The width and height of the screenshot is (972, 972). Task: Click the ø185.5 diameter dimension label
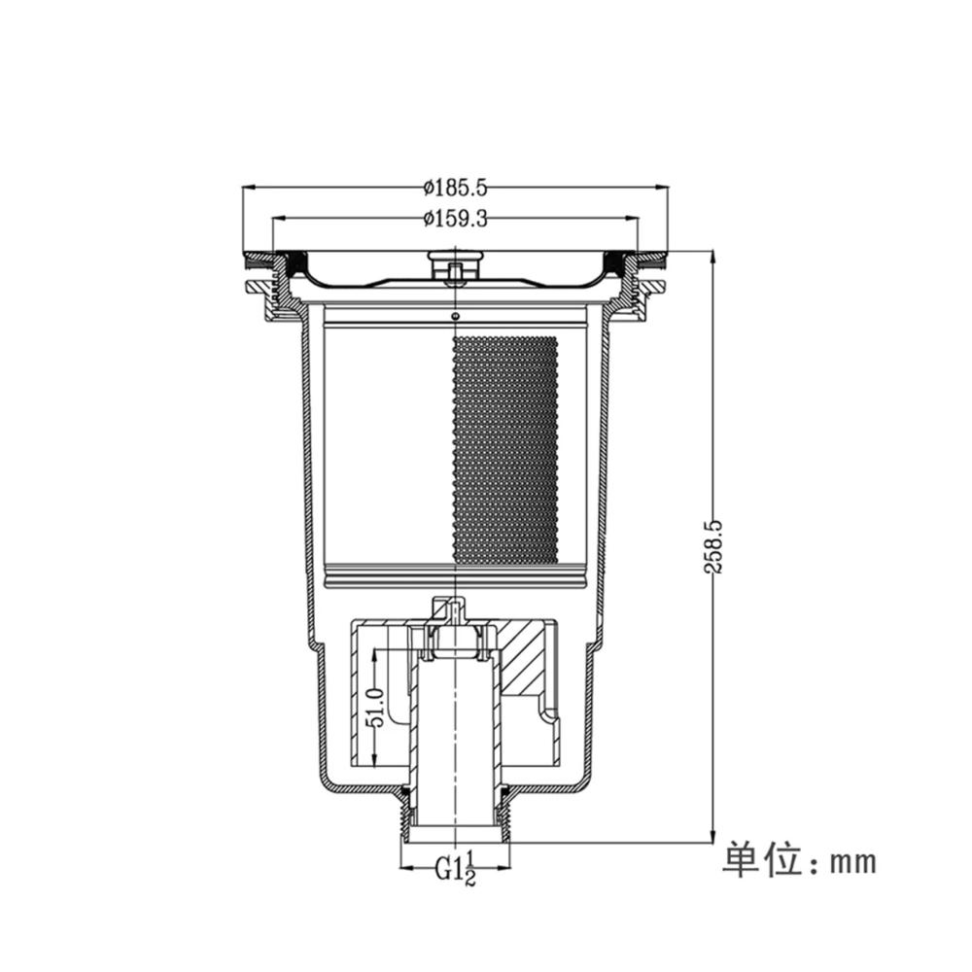[x=456, y=188]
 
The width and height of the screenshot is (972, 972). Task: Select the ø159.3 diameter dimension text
[x=456, y=219]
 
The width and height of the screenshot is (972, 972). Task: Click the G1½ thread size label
[x=456, y=868]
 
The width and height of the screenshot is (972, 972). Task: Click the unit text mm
[x=853, y=862]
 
